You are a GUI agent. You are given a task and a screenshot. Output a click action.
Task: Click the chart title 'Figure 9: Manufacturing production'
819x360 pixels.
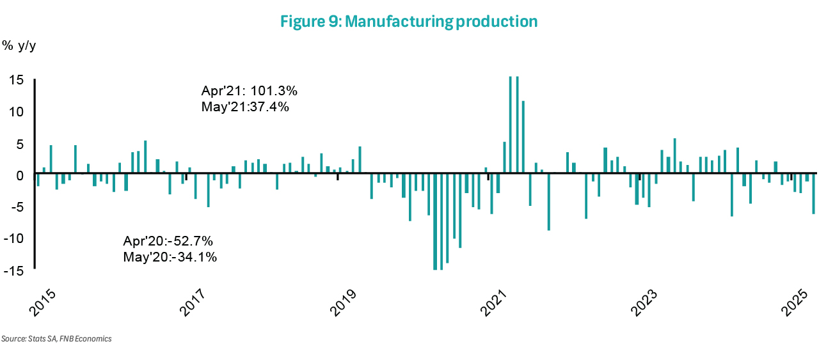click(409, 22)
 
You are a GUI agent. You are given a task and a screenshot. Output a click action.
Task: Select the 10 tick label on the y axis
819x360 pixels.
click(17, 112)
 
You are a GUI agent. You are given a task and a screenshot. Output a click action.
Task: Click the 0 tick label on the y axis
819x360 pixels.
click(20, 175)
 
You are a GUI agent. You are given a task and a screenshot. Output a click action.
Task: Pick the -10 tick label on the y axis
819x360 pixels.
click(14, 239)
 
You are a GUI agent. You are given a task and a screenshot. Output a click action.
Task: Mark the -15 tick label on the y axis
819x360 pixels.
click(14, 270)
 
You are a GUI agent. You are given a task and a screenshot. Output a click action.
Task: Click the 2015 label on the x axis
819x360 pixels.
click(43, 304)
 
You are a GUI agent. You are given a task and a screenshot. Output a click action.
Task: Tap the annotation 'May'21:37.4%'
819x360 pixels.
click(245, 107)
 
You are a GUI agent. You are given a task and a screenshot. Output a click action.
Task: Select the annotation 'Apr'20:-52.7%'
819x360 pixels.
click(168, 242)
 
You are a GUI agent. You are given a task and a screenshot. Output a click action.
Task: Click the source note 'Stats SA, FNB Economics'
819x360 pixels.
click(56, 339)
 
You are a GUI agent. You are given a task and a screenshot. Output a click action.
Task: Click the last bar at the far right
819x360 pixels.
click(813, 194)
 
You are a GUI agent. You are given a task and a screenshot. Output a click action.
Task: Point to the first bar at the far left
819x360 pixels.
click(38, 180)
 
